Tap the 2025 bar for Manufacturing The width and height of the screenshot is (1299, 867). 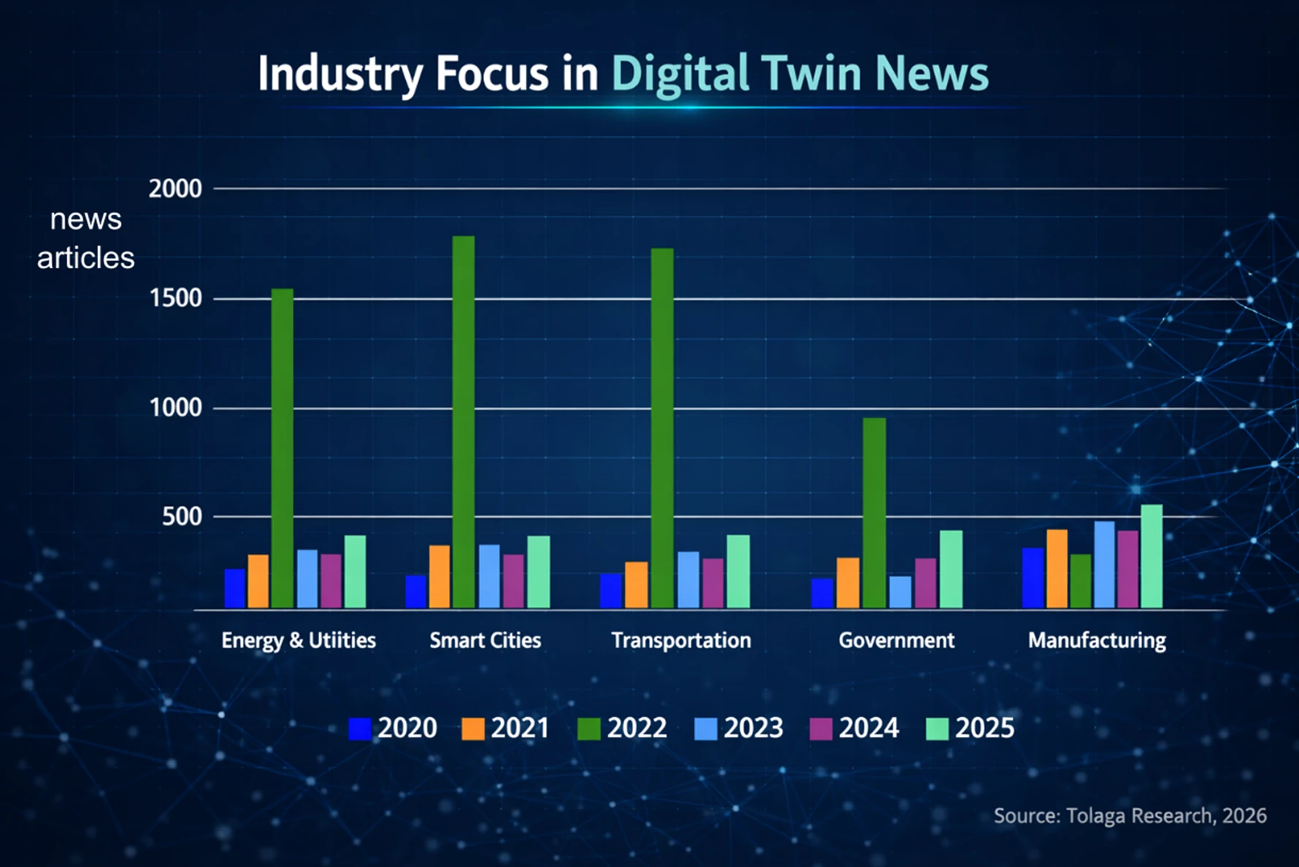1152,556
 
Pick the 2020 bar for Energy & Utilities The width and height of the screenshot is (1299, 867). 234,588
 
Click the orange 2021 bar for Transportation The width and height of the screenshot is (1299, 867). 636,584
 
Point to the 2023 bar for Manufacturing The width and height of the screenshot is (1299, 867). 1104,565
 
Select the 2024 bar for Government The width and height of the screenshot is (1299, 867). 925,583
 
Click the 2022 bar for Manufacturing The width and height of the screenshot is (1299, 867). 1081,581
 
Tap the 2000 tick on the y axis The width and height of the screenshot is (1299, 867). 175,189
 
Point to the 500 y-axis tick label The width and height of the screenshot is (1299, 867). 182,517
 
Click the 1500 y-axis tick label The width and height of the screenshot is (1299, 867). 175,299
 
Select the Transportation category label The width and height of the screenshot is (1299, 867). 681,641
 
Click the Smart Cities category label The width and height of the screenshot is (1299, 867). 485,641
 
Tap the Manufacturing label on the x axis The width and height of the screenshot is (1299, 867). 1097,641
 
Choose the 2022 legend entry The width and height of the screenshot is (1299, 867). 622,728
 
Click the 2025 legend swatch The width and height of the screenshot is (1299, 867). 937,729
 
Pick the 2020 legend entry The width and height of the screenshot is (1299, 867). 393,728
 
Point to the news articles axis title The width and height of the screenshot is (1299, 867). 85,238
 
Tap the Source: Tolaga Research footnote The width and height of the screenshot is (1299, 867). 1130,816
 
